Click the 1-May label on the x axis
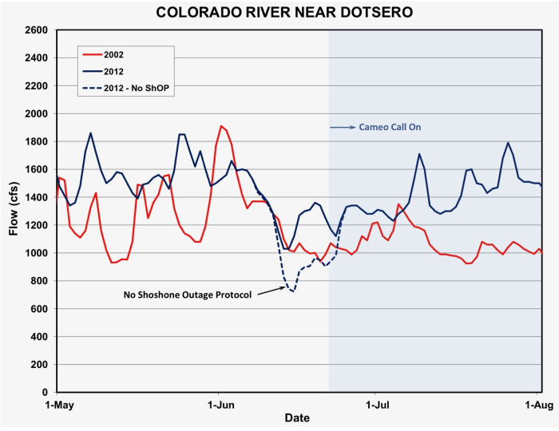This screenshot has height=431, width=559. [57, 405]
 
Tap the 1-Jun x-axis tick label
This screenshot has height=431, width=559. [219, 405]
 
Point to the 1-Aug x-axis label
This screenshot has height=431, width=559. [537, 405]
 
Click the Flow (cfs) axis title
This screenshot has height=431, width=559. [14, 212]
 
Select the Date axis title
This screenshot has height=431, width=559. [297, 418]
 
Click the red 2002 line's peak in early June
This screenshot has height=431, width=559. [221, 126]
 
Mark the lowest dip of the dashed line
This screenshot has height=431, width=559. [293, 291]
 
